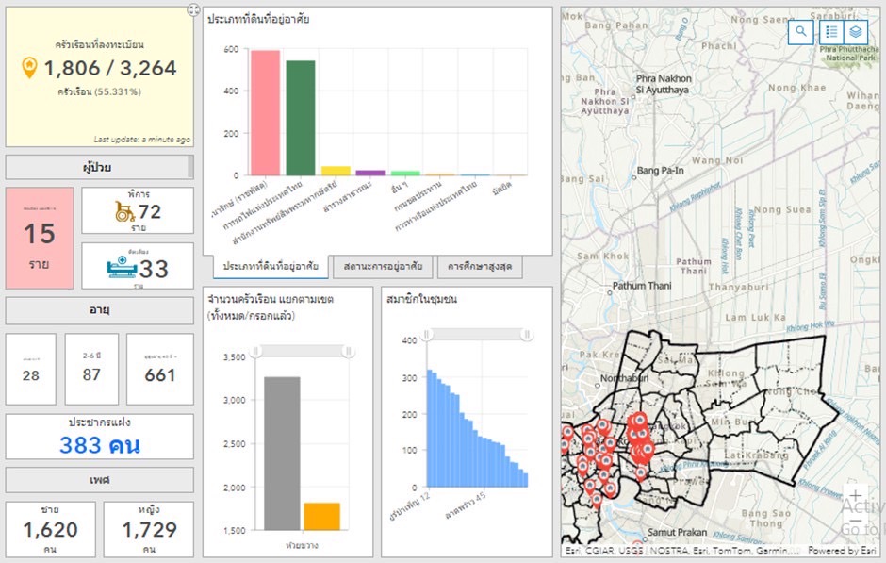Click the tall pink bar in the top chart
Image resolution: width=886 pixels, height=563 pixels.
point(265,113)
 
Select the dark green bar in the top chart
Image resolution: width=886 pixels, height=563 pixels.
point(301,118)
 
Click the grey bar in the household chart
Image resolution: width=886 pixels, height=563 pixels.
point(282,453)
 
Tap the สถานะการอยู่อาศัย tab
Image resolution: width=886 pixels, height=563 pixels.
point(383,267)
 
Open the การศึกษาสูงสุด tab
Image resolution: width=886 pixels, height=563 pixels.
point(480,267)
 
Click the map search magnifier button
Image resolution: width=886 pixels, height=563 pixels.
point(800,32)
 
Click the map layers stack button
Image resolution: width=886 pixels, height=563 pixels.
point(856,32)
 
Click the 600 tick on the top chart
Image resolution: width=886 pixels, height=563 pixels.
point(231,48)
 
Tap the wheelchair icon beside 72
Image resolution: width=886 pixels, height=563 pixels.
point(124,211)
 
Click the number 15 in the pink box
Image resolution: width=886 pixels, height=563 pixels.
point(40,234)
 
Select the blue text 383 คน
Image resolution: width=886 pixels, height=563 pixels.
point(100,445)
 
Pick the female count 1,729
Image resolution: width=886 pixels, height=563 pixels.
point(147,530)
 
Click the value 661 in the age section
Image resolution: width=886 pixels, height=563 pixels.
point(160,374)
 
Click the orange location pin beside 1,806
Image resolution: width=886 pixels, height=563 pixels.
point(30,67)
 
